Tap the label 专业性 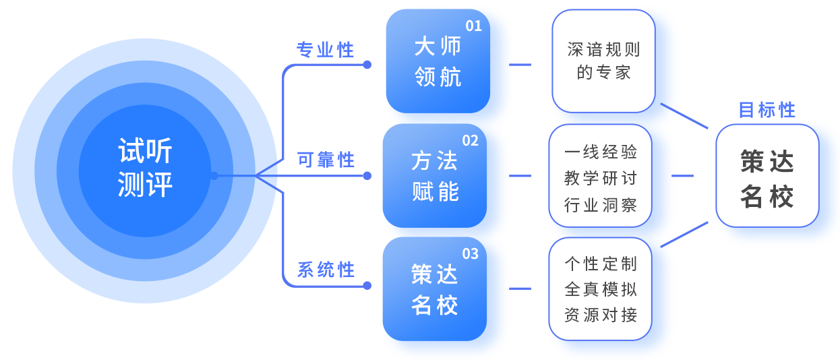pyautogui.click(x=326, y=50)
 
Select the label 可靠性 pyautogui.click(x=326, y=160)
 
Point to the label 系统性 pyautogui.click(x=326, y=270)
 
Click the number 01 pyautogui.click(x=473, y=26)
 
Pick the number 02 pyautogui.click(x=470, y=140)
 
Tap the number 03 pyautogui.click(x=470, y=253)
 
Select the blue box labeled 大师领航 pyautogui.click(x=437, y=64)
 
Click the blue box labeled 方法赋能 pyautogui.click(x=434, y=177)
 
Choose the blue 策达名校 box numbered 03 pyautogui.click(x=434, y=290)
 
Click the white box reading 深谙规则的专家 pyautogui.click(x=603, y=61)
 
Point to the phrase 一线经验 pyautogui.click(x=600, y=152)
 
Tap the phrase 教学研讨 pyautogui.click(x=600, y=178)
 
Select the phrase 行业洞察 pyautogui.click(x=600, y=204)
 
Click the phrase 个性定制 pyautogui.click(x=600, y=264)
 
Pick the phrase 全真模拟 pyautogui.click(x=600, y=289)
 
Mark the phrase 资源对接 pyautogui.click(x=600, y=315)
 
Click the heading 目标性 pyautogui.click(x=767, y=110)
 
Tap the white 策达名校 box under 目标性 pyautogui.click(x=767, y=177)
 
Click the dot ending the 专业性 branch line pyautogui.click(x=367, y=65)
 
